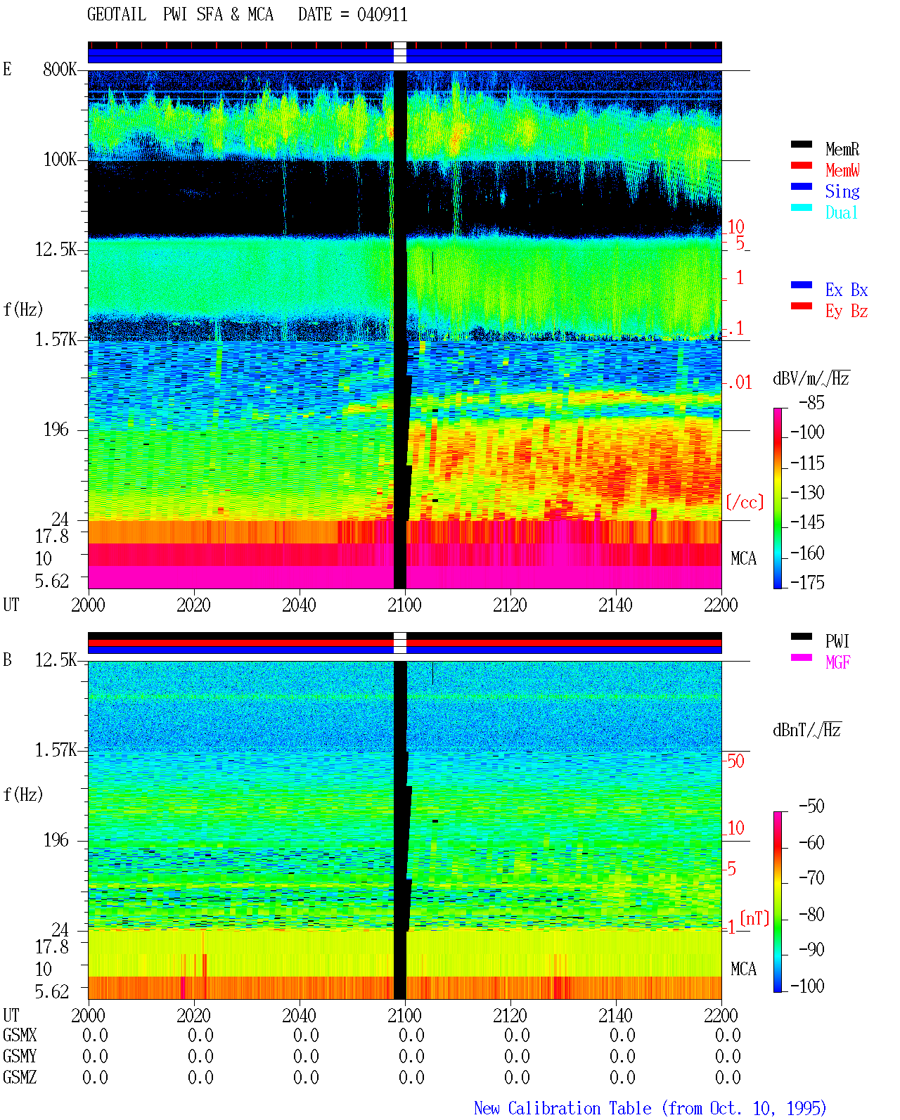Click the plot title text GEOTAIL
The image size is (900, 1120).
pos(117,15)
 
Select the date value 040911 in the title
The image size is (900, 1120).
pos(382,15)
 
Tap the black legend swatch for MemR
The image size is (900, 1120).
pos(801,144)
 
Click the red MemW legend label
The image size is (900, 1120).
pos(842,170)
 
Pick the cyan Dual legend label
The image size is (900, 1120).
pos(842,212)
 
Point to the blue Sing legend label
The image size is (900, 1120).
pos(842,191)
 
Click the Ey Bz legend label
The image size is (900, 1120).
pos(847,311)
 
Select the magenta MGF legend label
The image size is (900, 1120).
pos(837,662)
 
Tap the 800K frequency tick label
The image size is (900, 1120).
pos(60,69)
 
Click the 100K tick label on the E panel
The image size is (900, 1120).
pos(60,160)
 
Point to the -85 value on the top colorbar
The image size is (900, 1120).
pos(811,403)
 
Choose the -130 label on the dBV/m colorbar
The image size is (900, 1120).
pos(807,492)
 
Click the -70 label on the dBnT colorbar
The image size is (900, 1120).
pos(811,878)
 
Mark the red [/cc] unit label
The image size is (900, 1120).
pos(745,502)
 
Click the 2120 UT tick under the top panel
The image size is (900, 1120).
pos(510,605)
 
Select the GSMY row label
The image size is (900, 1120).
pos(20,1056)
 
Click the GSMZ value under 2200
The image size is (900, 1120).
pos(728,1077)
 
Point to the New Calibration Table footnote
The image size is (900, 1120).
pos(650,1108)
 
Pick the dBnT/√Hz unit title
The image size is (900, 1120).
pos(807,730)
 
